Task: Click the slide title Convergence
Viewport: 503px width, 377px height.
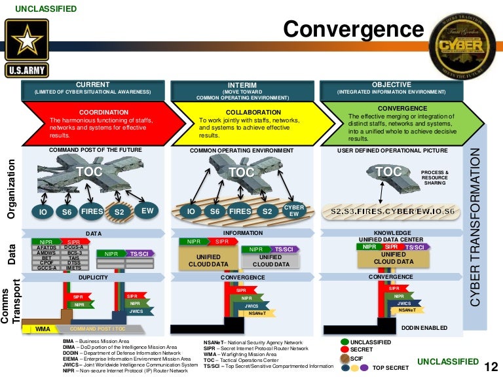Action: (353, 29)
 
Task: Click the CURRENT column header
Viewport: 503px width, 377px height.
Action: (92, 85)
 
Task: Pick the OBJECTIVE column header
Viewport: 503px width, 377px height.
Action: (391, 84)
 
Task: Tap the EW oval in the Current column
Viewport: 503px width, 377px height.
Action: (147, 211)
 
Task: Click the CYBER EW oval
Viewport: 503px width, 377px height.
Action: (294, 211)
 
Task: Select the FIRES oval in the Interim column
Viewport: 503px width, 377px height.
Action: (240, 211)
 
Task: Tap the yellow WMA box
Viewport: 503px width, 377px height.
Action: (43, 328)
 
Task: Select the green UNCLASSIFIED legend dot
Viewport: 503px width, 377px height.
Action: (345, 342)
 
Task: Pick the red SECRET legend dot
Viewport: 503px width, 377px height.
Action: (345, 350)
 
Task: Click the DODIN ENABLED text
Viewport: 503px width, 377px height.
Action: (424, 327)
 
